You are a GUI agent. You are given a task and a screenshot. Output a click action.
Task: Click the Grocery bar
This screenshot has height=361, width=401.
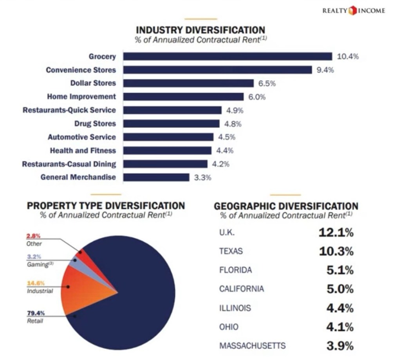pyautogui.click(x=228, y=56)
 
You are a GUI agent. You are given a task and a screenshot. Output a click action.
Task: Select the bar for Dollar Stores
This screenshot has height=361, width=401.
pyautogui.click(x=188, y=83)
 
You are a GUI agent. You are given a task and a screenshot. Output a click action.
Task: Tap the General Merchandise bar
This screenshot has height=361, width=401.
pyautogui.click(x=156, y=177)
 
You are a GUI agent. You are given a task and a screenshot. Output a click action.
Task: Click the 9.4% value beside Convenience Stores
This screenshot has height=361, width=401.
pyautogui.click(x=325, y=70)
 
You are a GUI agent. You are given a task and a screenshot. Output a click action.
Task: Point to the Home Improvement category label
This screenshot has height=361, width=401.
pyautogui.click(x=81, y=96)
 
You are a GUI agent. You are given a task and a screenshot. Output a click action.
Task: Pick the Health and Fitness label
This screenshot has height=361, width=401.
pyautogui.click(x=83, y=151)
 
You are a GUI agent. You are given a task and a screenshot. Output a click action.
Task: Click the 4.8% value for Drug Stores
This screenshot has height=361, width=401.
pyautogui.click(x=233, y=124)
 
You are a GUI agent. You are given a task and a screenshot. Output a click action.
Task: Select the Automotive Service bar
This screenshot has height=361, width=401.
pyautogui.click(x=168, y=137)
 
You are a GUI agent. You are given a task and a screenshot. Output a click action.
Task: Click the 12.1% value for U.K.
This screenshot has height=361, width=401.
pyautogui.click(x=336, y=232)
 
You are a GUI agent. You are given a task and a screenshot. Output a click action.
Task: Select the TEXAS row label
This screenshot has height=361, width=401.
pyautogui.click(x=231, y=251)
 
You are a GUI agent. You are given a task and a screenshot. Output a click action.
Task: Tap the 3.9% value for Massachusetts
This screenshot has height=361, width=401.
pyautogui.click(x=340, y=346)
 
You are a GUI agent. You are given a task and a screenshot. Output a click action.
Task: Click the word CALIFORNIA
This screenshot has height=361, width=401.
pyautogui.click(x=241, y=289)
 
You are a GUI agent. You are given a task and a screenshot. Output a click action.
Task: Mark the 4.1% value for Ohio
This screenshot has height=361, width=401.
pyautogui.click(x=340, y=327)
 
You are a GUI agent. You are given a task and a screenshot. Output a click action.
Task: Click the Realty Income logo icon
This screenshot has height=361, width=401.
pyautogui.click(x=352, y=11)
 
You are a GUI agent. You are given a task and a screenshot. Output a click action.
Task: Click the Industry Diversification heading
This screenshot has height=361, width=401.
pyautogui.click(x=200, y=30)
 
